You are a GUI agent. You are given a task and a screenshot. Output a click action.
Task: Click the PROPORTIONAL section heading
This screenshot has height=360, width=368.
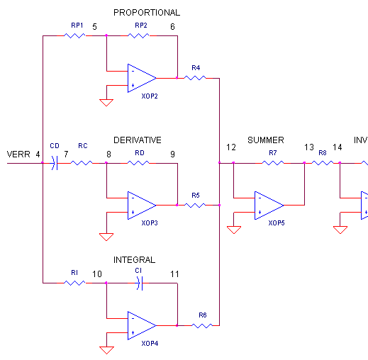pyautogui.click(x=146, y=12)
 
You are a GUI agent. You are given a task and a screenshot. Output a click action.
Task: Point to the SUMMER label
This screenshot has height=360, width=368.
pyautogui.click(x=265, y=140)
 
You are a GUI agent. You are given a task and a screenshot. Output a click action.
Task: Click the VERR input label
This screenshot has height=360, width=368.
pyautogui.click(x=18, y=154)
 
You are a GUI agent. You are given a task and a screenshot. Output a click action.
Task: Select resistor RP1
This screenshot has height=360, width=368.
pyautogui.click(x=74, y=35)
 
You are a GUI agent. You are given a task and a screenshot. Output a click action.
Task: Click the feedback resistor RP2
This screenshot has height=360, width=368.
pyautogui.click(x=138, y=35)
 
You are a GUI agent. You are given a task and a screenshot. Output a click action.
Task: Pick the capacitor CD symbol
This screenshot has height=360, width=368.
pyautogui.click(x=54, y=163)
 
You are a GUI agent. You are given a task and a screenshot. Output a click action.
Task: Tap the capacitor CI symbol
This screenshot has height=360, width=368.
pyautogui.click(x=139, y=283)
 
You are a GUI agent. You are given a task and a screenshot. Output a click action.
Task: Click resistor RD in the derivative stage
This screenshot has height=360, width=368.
pyautogui.click(x=138, y=163)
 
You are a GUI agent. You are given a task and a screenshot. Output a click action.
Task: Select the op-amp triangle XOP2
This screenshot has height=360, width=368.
pyautogui.click(x=141, y=78)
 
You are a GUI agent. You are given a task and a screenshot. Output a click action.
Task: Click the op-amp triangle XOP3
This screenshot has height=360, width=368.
pyautogui.click(x=141, y=206)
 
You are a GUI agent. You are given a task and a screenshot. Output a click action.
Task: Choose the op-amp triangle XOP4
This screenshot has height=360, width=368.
pyautogui.click(x=141, y=326)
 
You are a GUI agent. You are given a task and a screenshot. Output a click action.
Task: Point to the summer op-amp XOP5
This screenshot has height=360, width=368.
pyautogui.click(x=269, y=206)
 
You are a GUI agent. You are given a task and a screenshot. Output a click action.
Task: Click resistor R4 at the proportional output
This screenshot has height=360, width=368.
pyautogui.click(x=195, y=78)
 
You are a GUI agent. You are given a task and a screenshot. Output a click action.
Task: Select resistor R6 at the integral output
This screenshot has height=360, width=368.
pyautogui.click(x=202, y=326)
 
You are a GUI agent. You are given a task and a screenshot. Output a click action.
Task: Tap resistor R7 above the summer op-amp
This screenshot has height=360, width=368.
pyautogui.click(x=273, y=163)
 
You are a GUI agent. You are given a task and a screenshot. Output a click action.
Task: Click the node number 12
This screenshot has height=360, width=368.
pyautogui.click(x=231, y=147)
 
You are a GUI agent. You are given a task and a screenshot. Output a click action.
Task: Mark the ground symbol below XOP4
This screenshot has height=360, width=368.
pyautogui.click(x=106, y=349)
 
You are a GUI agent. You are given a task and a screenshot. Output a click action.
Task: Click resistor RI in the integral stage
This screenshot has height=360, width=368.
pyautogui.click(x=74, y=283)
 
